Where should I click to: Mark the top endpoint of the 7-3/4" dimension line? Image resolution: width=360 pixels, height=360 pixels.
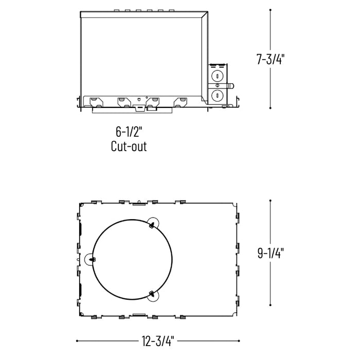point(271,9)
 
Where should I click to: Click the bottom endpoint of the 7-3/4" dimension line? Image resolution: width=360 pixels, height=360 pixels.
point(271,109)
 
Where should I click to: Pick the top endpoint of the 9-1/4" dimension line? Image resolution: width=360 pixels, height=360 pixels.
point(271,201)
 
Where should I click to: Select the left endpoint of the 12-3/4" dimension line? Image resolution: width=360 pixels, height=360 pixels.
point(77,340)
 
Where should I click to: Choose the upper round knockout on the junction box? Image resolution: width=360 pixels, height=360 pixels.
point(217,76)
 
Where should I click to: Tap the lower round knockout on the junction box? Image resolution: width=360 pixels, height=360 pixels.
point(217,95)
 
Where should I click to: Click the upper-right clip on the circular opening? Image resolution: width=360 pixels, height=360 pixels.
point(152,224)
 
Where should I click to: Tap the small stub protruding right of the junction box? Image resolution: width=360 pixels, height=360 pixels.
point(231,86)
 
